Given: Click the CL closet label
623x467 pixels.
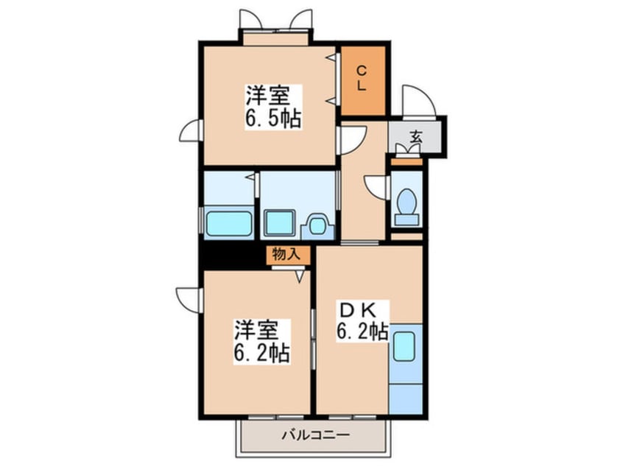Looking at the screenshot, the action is point(361,79).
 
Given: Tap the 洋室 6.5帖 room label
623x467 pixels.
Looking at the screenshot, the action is point(273,107).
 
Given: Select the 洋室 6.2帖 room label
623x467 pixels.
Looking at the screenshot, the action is point(261,341).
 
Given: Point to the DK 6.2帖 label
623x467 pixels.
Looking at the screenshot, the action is point(362,321).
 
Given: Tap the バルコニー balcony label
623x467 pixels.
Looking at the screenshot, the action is point(316,435).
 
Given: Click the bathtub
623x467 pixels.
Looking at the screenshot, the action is point(229,223).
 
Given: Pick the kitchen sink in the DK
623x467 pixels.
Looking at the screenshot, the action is point(404,346).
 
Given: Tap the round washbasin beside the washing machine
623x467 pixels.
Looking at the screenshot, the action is point(317,225).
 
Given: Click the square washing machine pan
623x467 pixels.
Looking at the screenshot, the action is point(280,222).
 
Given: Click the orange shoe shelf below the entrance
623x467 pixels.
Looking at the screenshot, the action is point(406,162).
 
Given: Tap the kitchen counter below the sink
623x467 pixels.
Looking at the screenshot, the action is point(406,399).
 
